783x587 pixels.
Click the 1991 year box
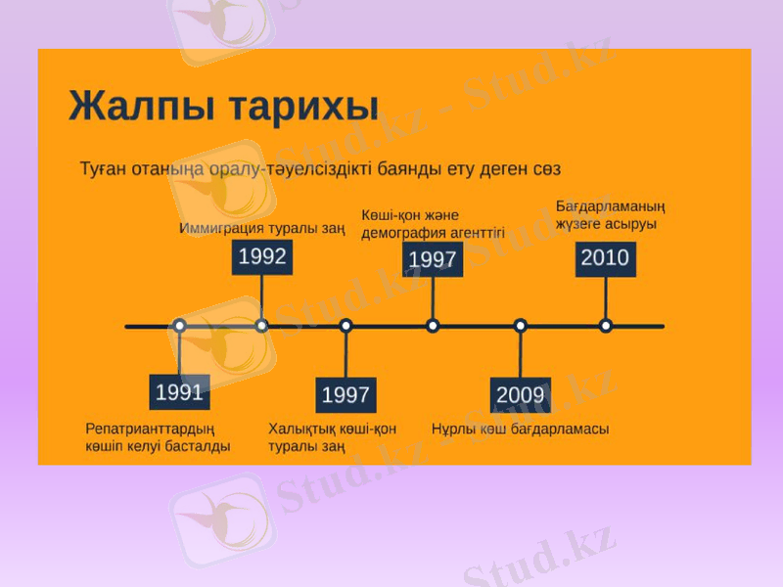(179, 392)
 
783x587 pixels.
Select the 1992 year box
(261, 256)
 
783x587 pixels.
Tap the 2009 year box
(520, 395)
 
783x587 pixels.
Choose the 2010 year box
(605, 258)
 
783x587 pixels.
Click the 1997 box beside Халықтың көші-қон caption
(345, 395)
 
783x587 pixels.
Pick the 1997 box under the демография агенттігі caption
(433, 259)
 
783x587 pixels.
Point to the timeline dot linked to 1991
(179, 326)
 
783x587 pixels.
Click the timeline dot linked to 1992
(261, 326)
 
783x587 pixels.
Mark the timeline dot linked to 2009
(520, 326)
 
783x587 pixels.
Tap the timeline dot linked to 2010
(606, 326)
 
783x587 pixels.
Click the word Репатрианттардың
(150, 429)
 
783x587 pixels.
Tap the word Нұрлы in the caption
(453, 429)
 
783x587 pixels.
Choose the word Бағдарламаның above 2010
(611, 206)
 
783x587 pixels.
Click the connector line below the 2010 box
(606, 297)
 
